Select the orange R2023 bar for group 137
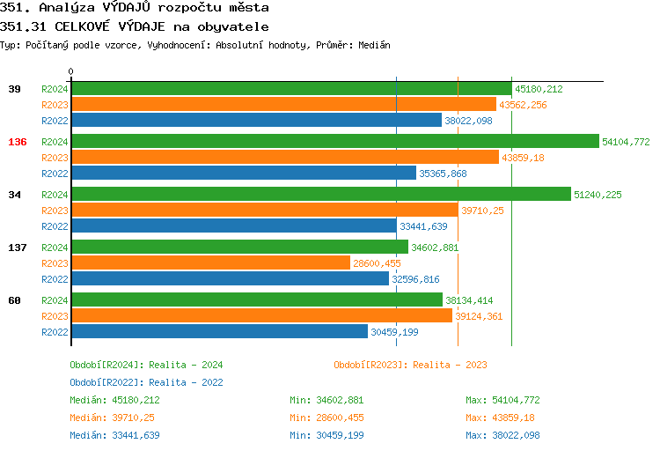pyautogui.click(x=210, y=263)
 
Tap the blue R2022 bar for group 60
pyautogui.click(x=219, y=332)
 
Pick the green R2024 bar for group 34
pyautogui.click(x=320, y=195)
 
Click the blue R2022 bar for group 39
pyautogui.click(x=256, y=121)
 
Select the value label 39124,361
pyautogui.click(x=479, y=316)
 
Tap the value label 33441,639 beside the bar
pyautogui.click(x=423, y=226)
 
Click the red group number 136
pyautogui.click(x=18, y=142)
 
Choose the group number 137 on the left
pyautogui.click(x=18, y=248)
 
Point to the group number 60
pyautogui.click(x=15, y=300)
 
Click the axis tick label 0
pyautogui.click(x=71, y=71)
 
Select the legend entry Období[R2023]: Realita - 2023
pyautogui.click(x=410, y=365)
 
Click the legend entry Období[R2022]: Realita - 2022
pyautogui.click(x=146, y=382)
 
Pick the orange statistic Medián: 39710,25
pyautogui.click(x=112, y=418)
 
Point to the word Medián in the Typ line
pyautogui.click(x=374, y=45)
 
